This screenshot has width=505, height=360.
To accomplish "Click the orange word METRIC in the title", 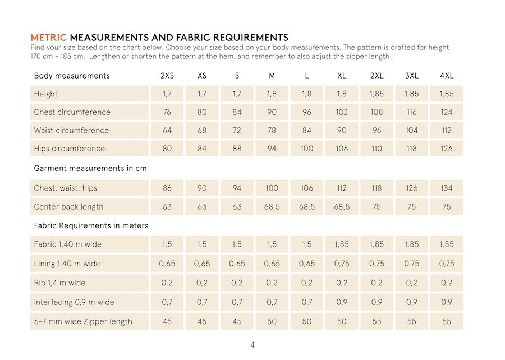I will (x=49, y=38).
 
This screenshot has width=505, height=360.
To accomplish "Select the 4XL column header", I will (x=446, y=76).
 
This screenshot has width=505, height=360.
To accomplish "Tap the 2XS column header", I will (x=167, y=76).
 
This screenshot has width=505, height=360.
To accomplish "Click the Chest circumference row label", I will (x=72, y=112).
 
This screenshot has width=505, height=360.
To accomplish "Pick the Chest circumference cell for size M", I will (x=272, y=112).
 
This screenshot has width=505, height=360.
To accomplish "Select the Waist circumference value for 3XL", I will (x=411, y=131).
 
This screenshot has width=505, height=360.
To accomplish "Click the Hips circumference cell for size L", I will (x=307, y=149).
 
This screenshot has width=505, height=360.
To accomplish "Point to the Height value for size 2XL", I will (x=377, y=94).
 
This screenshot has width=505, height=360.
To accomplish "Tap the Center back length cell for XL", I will (x=342, y=206).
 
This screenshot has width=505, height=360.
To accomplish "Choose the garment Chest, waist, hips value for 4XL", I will (x=446, y=188).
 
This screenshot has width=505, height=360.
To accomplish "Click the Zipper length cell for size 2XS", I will (x=167, y=321).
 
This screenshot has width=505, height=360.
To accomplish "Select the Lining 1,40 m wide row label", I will (x=67, y=264).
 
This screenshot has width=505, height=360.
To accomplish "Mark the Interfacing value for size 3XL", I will (x=411, y=302).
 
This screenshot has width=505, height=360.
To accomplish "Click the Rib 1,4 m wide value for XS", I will (x=202, y=283).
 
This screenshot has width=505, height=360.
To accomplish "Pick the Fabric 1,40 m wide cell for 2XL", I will (x=377, y=244).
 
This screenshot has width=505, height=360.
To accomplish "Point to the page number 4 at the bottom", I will (x=252, y=345).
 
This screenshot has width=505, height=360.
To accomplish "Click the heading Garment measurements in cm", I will (x=90, y=168).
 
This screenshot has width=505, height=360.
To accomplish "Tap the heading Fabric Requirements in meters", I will (x=91, y=225).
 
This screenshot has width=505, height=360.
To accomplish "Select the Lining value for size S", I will (x=237, y=264).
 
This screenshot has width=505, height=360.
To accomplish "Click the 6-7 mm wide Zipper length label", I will (x=83, y=321).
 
